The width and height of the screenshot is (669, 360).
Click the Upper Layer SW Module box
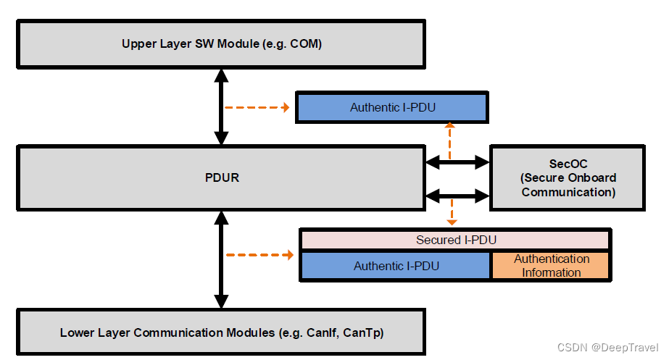(x=221, y=43)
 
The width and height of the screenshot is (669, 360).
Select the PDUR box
(x=221, y=177)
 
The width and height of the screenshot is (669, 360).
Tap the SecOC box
(x=568, y=177)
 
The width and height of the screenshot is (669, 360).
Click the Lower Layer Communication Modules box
(x=221, y=333)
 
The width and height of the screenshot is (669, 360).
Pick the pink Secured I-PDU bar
(x=455, y=240)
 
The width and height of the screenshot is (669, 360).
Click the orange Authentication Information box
(x=551, y=266)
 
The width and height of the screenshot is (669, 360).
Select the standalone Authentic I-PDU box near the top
(x=392, y=107)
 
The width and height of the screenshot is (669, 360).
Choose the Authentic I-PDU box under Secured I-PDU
(x=396, y=266)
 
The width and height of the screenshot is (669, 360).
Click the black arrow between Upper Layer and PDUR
(x=222, y=106)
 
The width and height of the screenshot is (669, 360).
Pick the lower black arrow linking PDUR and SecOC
(x=458, y=195)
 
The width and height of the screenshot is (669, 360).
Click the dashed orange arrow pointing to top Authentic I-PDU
(x=257, y=107)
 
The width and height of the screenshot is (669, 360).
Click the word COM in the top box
(x=305, y=43)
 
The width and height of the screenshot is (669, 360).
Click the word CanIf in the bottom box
(x=320, y=333)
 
